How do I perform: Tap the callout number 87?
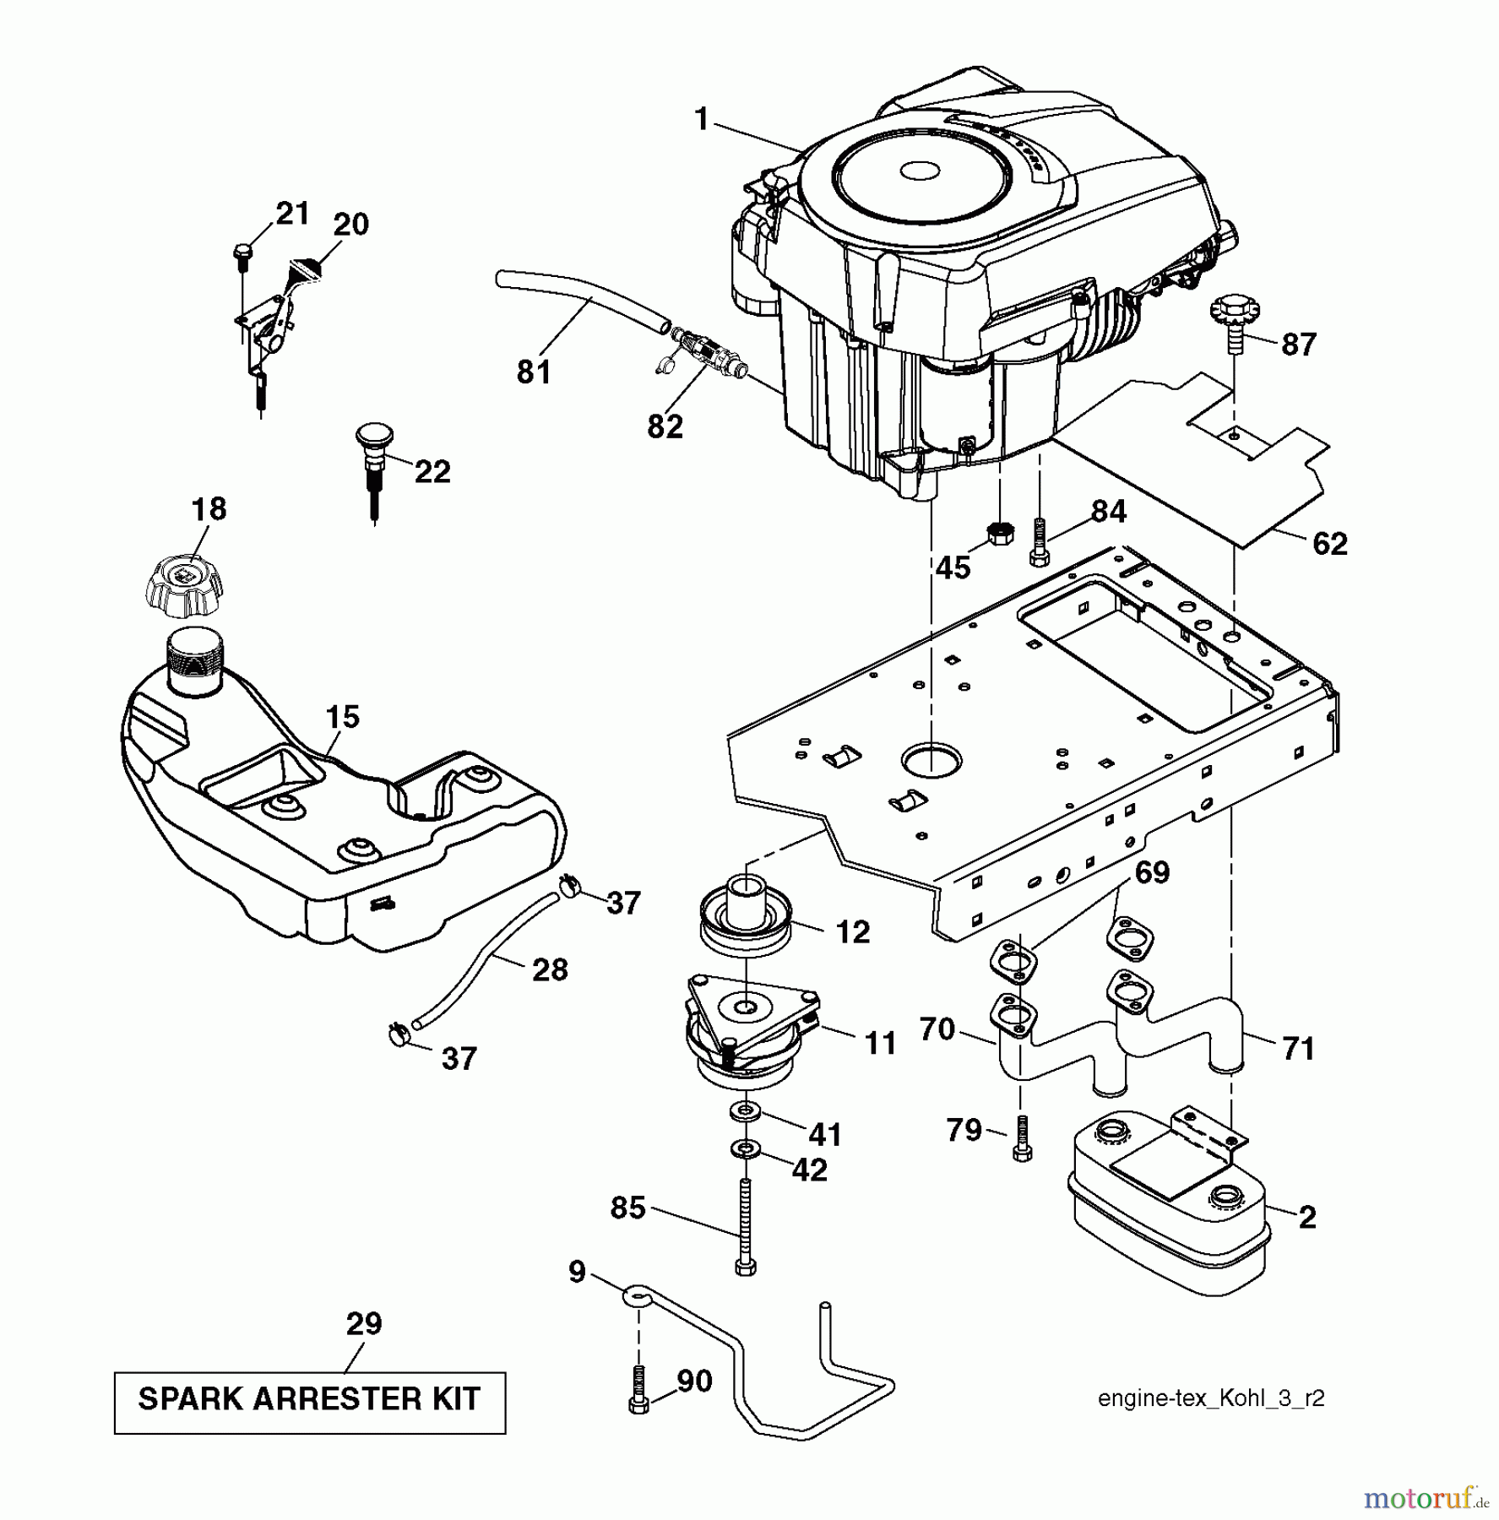click(x=1298, y=345)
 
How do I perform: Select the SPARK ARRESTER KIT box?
click(x=310, y=1399)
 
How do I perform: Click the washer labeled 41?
click(x=746, y=1111)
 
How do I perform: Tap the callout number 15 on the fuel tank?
click(x=342, y=717)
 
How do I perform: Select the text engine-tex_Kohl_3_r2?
click(x=1210, y=1398)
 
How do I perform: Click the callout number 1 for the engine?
click(x=702, y=120)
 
